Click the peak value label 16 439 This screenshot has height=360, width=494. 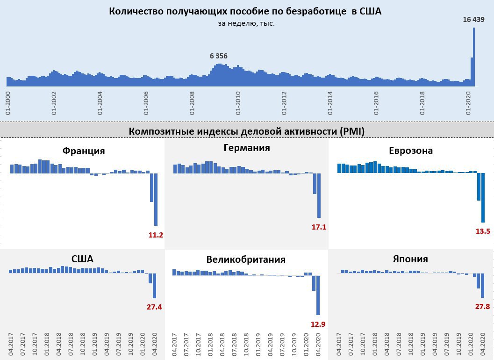click(x=473, y=20)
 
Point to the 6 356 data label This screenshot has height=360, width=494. click(x=218, y=56)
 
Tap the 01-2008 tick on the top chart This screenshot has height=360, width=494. click(x=192, y=103)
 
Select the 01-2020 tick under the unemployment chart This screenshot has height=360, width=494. click(x=469, y=103)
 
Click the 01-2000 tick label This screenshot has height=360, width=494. click(x=8, y=103)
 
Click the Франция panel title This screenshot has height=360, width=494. click(x=84, y=151)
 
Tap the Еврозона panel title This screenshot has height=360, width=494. click(x=411, y=151)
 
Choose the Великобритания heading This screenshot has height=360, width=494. click(x=246, y=260)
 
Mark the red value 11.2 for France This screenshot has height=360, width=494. click(x=156, y=235)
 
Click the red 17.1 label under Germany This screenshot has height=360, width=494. click(x=319, y=227)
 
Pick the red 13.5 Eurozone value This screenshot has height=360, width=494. click(x=483, y=231)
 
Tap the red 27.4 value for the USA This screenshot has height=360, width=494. click(x=155, y=307)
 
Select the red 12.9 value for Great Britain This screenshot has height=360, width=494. click(x=318, y=324)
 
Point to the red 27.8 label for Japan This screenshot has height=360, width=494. click(x=482, y=307)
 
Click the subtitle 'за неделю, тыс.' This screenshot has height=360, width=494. click(x=246, y=23)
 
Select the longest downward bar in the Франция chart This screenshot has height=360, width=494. click(x=156, y=200)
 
